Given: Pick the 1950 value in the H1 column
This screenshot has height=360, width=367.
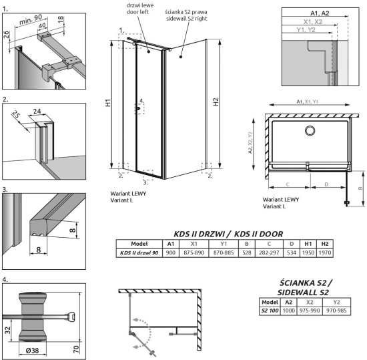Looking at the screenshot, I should pos(308,252).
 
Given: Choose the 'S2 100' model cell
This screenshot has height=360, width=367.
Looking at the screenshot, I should pos(269,311).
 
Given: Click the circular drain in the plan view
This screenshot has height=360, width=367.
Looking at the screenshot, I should pos(310,130).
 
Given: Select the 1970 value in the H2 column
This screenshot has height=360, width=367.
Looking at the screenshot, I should pos(326,252).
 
